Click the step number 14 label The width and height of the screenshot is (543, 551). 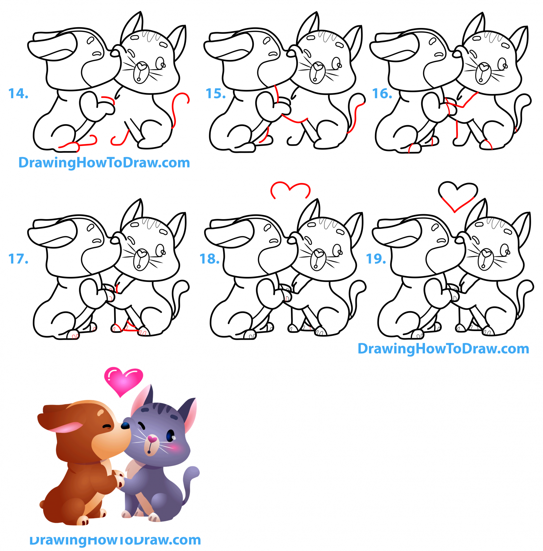[x=18, y=94]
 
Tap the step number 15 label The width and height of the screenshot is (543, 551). [x=215, y=94]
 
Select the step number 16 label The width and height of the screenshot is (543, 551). [x=382, y=94]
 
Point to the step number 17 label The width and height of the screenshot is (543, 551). [x=18, y=259]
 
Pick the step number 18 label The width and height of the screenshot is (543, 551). [x=210, y=259]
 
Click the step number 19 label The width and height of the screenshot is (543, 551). [x=376, y=259]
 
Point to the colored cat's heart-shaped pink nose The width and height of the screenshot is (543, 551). [x=153, y=438]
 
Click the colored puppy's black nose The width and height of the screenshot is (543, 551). [x=125, y=425]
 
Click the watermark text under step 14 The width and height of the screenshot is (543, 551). [x=104, y=163]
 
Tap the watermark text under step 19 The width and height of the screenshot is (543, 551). [x=443, y=348]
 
